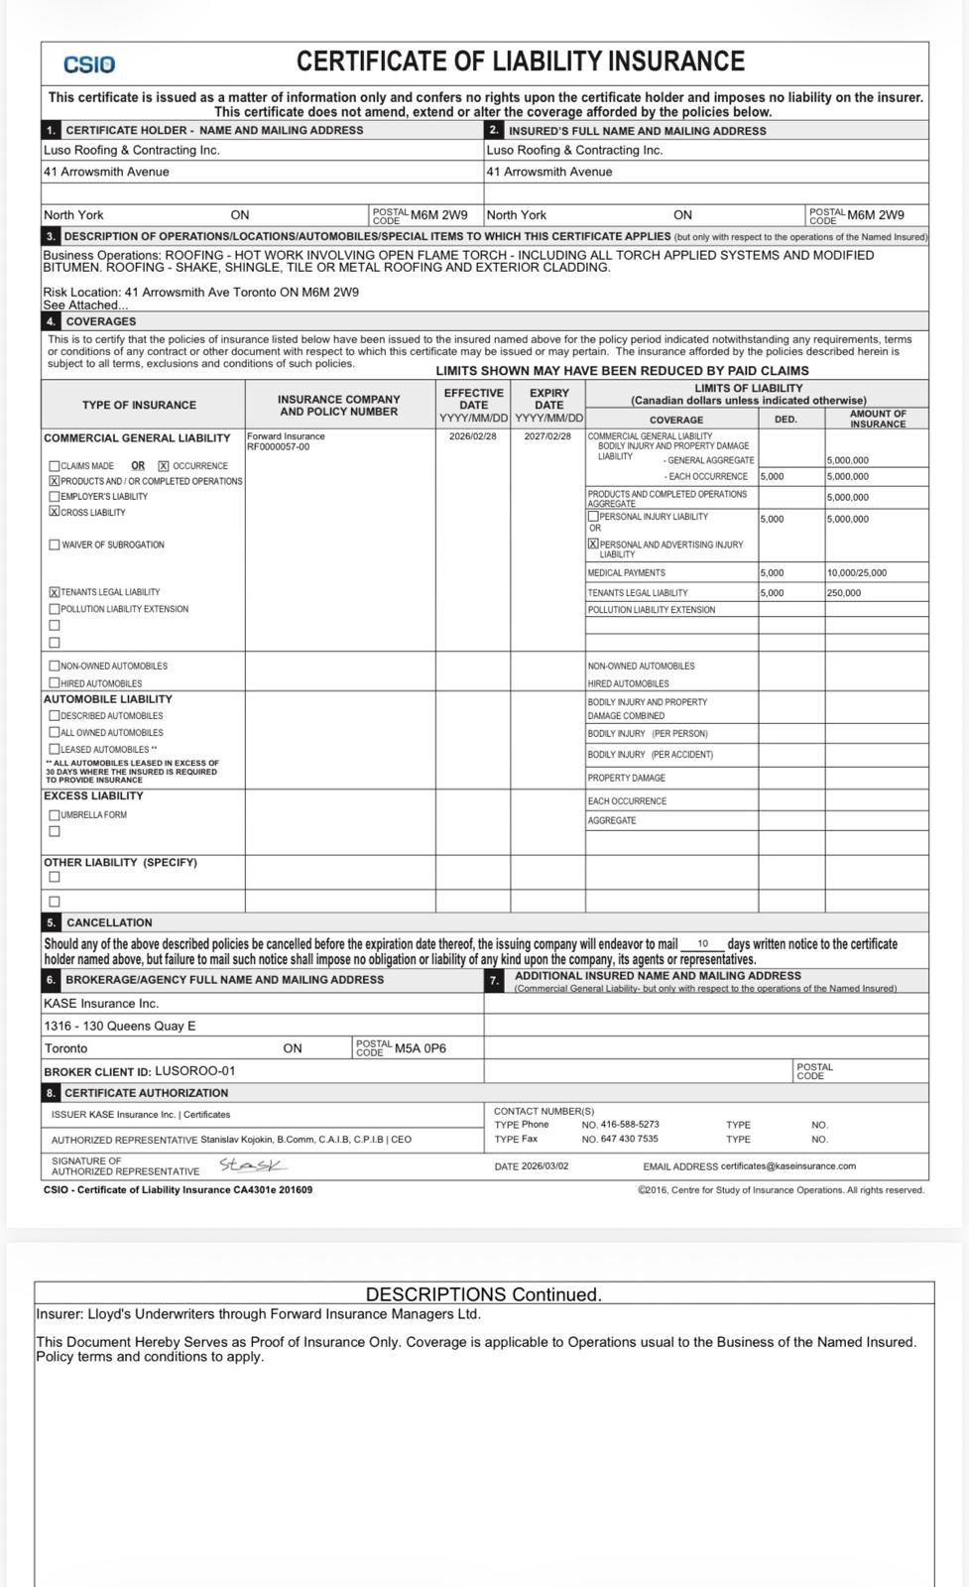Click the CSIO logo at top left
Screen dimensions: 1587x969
[x=89, y=64]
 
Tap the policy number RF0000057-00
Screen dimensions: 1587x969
[x=278, y=446]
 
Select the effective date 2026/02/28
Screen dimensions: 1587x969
[x=473, y=436]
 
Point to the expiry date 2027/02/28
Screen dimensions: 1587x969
[x=547, y=436]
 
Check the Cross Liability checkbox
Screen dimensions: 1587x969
[x=54, y=513]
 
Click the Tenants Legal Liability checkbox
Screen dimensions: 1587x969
[x=54, y=592]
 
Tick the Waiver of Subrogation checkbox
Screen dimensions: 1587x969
[x=54, y=545]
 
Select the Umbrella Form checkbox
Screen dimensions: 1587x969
[x=54, y=815]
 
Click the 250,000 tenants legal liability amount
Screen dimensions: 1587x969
[x=844, y=593]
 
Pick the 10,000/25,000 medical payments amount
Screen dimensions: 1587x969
[x=857, y=573]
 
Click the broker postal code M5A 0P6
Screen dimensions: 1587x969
[x=420, y=1048]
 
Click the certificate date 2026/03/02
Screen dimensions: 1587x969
[x=545, y=1166]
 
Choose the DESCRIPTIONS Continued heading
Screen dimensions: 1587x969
[x=483, y=1294]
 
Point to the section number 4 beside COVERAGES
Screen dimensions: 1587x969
[x=51, y=321]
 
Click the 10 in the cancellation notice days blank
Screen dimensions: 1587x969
[x=703, y=944]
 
